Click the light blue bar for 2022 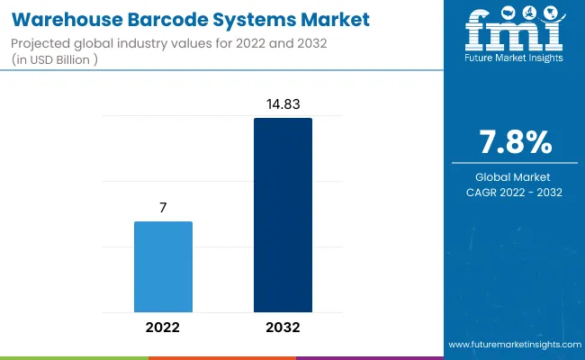click(x=163, y=265)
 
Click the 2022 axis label click(x=163, y=327)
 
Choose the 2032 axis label click(x=283, y=327)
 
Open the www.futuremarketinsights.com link click(x=514, y=345)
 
